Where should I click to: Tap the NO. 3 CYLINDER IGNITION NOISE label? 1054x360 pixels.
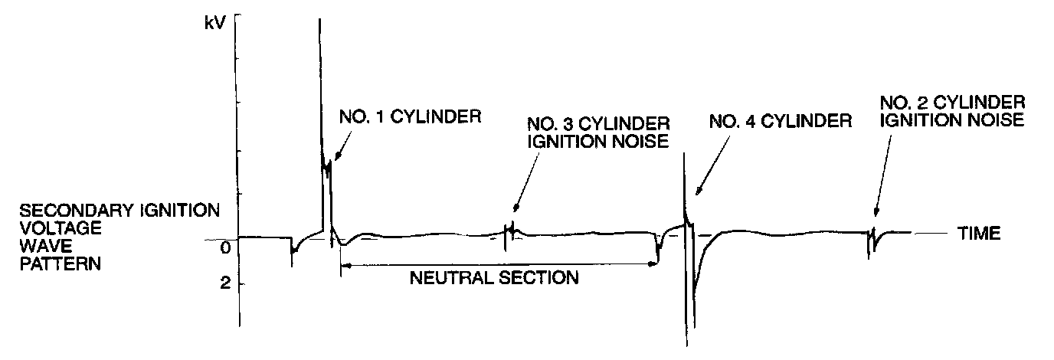click(598, 132)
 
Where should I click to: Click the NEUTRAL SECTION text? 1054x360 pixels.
click(495, 277)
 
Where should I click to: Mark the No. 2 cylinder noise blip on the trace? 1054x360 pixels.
click(870, 239)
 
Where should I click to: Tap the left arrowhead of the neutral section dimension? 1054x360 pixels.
click(345, 264)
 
